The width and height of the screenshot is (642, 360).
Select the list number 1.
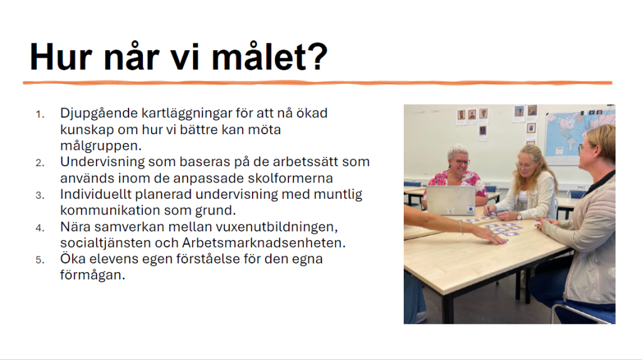[39, 114]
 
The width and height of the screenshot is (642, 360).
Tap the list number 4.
[39, 228]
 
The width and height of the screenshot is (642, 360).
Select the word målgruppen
[101, 146]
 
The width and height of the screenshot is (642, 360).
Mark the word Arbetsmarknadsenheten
[264, 243]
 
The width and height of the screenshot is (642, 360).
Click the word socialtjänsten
[105, 243]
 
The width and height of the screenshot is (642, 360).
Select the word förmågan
[93, 275]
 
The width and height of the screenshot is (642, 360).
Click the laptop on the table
[451, 200]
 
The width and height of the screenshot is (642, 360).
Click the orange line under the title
[317, 83]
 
